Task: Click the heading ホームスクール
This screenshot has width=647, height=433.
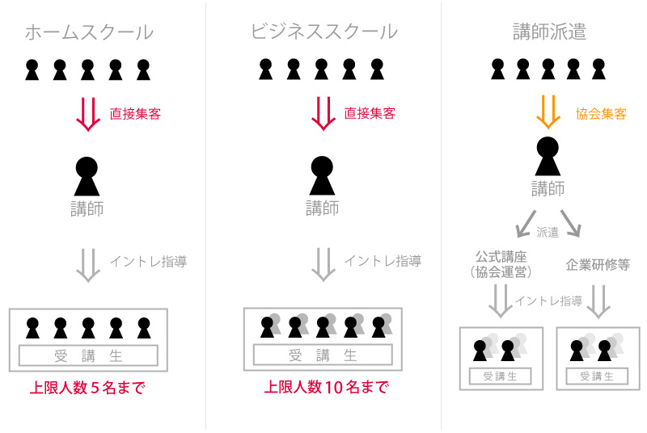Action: click(89, 32)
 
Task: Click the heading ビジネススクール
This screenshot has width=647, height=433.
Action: click(324, 32)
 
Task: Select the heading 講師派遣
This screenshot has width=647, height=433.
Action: click(549, 32)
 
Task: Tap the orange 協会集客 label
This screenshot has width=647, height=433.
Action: click(601, 114)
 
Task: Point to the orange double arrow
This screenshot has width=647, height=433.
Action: click(548, 111)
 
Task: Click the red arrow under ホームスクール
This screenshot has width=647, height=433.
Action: click(88, 114)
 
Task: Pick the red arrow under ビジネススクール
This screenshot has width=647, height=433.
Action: click(323, 113)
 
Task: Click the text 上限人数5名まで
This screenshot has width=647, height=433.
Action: click(87, 388)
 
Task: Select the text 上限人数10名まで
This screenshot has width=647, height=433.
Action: click(327, 387)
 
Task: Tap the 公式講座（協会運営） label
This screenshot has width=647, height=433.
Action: click(501, 264)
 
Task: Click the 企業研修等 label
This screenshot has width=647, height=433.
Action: click(598, 264)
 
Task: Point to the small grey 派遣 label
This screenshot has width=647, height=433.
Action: click(548, 233)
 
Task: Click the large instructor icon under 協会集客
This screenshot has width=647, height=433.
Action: click(548, 156)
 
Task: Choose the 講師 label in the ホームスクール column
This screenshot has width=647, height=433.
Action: click(87, 208)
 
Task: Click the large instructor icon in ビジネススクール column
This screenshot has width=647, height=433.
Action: click(322, 175)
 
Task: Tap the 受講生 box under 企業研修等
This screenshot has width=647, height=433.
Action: click(598, 376)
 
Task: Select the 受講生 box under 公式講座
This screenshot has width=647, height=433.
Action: click(501, 376)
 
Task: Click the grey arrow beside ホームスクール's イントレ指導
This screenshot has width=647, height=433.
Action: click(88, 265)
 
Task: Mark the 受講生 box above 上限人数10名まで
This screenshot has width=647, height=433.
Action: click(323, 355)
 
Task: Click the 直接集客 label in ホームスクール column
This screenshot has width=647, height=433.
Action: click(135, 114)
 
